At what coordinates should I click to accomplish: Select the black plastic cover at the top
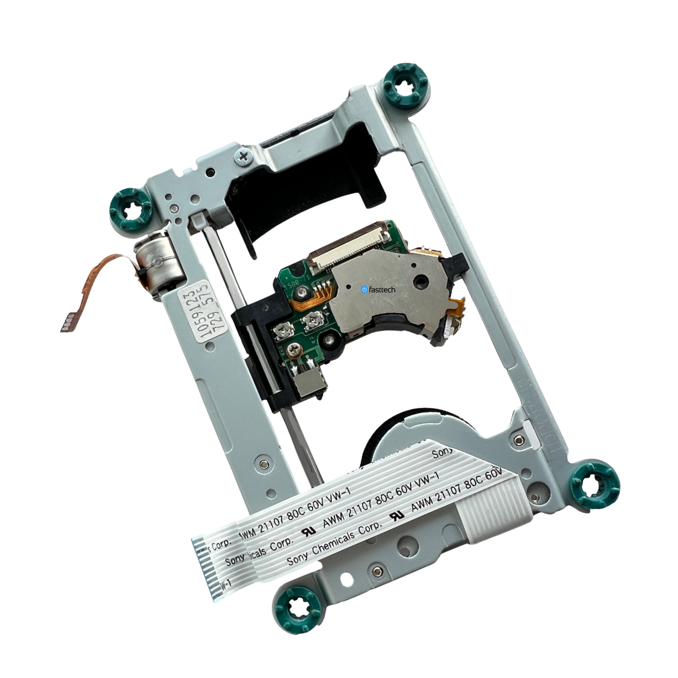pos(302,197)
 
